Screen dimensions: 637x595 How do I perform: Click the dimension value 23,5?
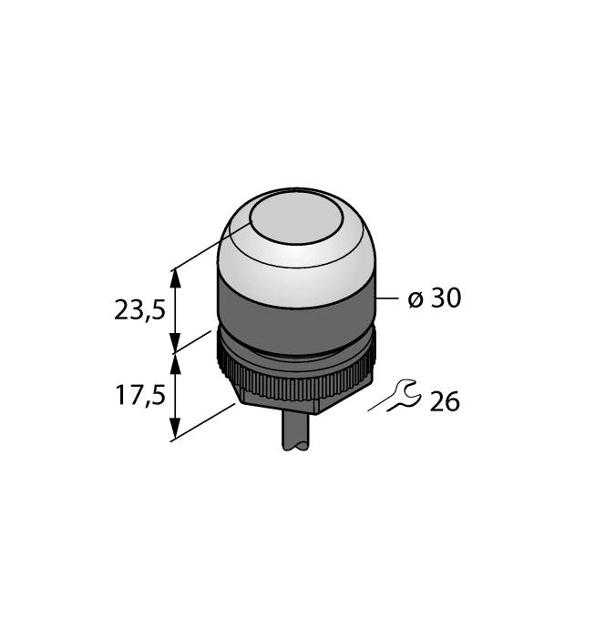pyautogui.click(x=139, y=310)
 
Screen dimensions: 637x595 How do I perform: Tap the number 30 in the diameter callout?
pyautogui.click(x=446, y=298)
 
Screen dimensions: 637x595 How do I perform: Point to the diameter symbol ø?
pyautogui.click(x=415, y=299)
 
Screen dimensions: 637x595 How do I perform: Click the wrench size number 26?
pyautogui.click(x=444, y=401)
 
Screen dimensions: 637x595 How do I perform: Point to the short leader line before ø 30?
pyautogui.click(x=389, y=298)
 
